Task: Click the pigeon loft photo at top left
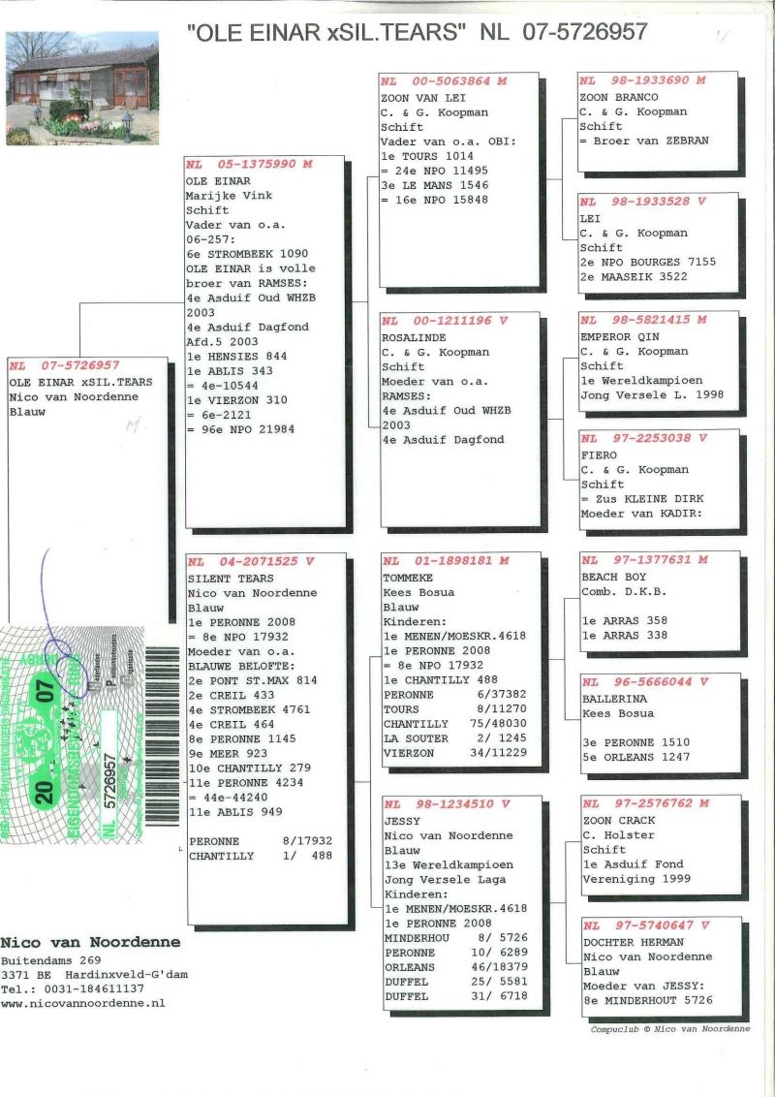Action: click(x=81, y=88)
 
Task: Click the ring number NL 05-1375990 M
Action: click(x=249, y=165)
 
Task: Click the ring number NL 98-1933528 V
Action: click(x=643, y=202)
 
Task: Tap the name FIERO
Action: click(x=598, y=454)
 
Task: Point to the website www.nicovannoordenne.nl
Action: click(x=82, y=1004)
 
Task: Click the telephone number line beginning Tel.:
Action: click(x=73, y=988)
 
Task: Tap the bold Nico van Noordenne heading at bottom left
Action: click(x=90, y=942)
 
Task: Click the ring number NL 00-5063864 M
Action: click(x=445, y=81)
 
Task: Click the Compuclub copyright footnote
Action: click(x=669, y=1029)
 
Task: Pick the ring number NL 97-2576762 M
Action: click(x=646, y=803)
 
